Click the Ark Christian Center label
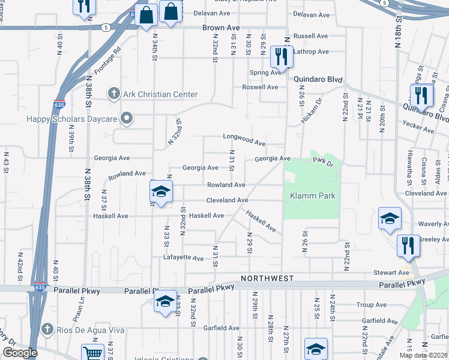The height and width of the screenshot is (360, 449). point(160,94)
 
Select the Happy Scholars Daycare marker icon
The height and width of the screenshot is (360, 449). point(126,119)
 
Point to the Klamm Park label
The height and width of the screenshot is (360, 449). point(312,196)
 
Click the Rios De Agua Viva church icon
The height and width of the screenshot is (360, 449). point(47,329)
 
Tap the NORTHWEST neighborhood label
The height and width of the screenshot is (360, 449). point(267,278)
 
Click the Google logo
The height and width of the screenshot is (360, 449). point(20,353)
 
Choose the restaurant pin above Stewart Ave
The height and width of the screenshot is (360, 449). point(407,245)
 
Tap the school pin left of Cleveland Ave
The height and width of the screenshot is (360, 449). point(161,192)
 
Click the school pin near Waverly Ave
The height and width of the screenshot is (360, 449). point(390,219)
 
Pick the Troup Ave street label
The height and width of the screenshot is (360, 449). point(372,305)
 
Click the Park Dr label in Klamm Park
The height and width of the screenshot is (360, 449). point(322,161)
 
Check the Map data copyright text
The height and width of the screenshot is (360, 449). point(423,355)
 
